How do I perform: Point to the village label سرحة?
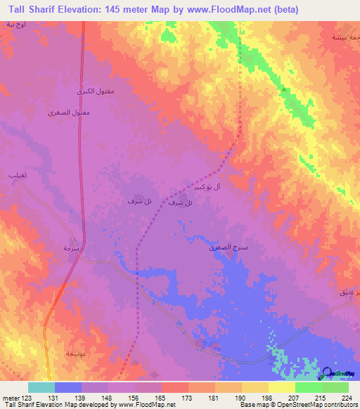(x=70, y=248)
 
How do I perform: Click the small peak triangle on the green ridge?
(x=284, y=89)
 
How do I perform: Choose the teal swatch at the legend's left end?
(x=41, y=387)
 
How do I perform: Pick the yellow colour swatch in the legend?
(x=281, y=387)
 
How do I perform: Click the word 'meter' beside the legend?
(x=8, y=397)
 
